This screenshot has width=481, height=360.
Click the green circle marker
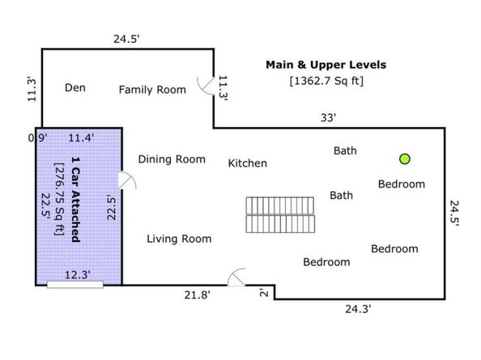(x=405, y=159)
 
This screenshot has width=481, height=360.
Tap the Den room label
(x=75, y=88)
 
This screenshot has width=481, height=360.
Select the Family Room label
(x=152, y=90)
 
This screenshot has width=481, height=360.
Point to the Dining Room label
(x=172, y=159)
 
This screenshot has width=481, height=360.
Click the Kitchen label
(x=248, y=163)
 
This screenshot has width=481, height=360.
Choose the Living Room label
(x=179, y=239)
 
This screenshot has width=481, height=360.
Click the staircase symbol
(x=280, y=214)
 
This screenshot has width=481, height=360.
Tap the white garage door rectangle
(x=75, y=285)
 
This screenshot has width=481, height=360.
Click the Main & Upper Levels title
(x=326, y=65)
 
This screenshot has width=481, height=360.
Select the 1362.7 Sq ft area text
(x=326, y=81)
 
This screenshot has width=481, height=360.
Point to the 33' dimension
(x=329, y=117)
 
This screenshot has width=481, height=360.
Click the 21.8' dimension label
(x=198, y=295)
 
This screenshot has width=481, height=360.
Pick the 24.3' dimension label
(x=358, y=309)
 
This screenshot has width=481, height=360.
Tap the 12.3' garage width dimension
(x=77, y=275)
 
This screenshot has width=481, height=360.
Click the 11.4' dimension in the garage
(x=81, y=138)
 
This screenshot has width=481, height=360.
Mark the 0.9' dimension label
(x=38, y=138)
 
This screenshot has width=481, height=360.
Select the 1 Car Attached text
(x=76, y=200)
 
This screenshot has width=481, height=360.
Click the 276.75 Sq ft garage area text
(x=59, y=199)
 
